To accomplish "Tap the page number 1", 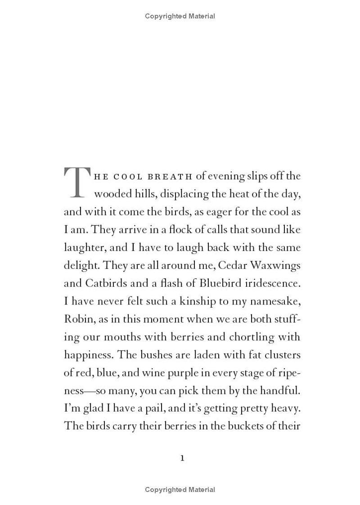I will click(182, 458).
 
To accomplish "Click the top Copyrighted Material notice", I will click(180, 16).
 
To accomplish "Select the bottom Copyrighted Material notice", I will click(180, 490).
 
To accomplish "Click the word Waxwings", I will click(275, 265).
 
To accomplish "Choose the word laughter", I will click(83, 248).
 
